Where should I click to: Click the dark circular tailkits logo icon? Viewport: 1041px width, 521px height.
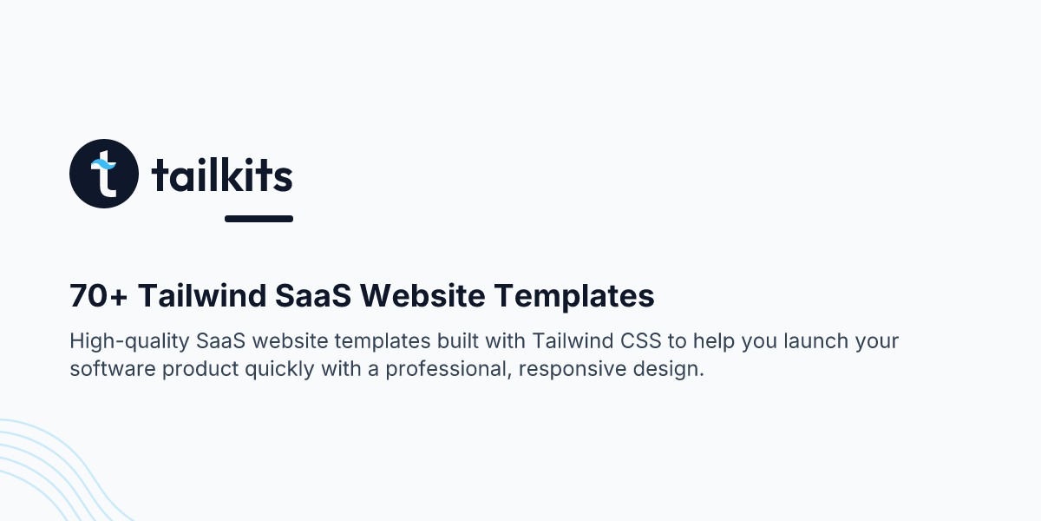(x=104, y=174)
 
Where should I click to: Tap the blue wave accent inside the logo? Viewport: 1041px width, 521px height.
(x=104, y=163)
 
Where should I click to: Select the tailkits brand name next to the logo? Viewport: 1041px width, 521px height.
(x=222, y=176)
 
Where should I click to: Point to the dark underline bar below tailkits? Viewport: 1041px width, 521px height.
(x=259, y=219)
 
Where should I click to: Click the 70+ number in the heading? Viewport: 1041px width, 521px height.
(x=99, y=297)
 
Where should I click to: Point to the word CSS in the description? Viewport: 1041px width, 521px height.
(x=641, y=340)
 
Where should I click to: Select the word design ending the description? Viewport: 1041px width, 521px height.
(x=671, y=369)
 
